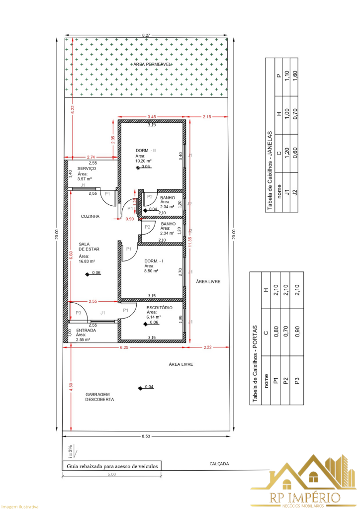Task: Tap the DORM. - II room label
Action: (x=146, y=150)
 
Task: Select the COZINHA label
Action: (x=90, y=216)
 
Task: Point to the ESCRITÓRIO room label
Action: (x=159, y=308)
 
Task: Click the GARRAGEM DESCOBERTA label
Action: (x=99, y=396)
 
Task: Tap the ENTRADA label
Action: (x=86, y=330)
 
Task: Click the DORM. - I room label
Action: (x=154, y=261)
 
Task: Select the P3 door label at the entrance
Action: (x=78, y=313)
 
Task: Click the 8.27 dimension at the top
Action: (x=146, y=35)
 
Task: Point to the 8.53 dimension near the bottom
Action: (x=146, y=436)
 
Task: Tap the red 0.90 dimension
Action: (x=129, y=219)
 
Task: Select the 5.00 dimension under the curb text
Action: (x=111, y=474)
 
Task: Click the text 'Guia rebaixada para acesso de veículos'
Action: (x=112, y=466)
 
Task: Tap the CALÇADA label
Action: (x=219, y=464)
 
